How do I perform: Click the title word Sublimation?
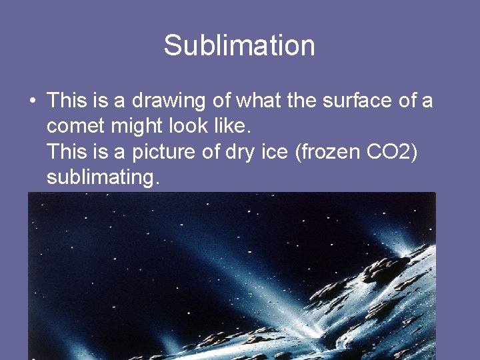point(239,46)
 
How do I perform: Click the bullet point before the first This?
point(32,102)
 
